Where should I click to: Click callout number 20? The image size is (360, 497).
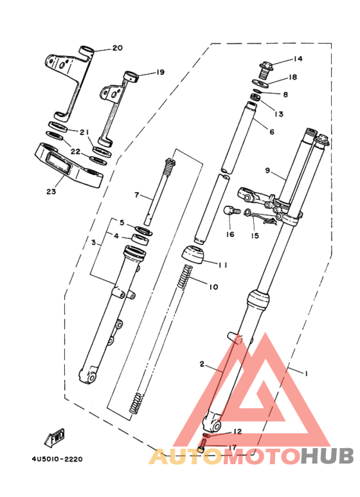point(116,48)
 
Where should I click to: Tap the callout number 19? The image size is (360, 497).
point(160,72)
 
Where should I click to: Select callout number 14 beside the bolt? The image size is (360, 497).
point(298,59)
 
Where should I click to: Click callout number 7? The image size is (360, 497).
point(136,195)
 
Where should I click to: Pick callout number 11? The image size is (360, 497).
point(223,265)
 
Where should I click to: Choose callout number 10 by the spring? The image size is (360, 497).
point(213,286)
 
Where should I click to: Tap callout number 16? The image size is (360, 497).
point(230,235)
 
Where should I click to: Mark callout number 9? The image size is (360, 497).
point(267,172)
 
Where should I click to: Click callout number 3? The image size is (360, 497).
point(93,243)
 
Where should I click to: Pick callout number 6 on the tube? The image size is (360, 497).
point(271,132)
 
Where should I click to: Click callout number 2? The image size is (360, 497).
point(201,365)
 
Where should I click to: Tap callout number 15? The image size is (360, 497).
point(255,236)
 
